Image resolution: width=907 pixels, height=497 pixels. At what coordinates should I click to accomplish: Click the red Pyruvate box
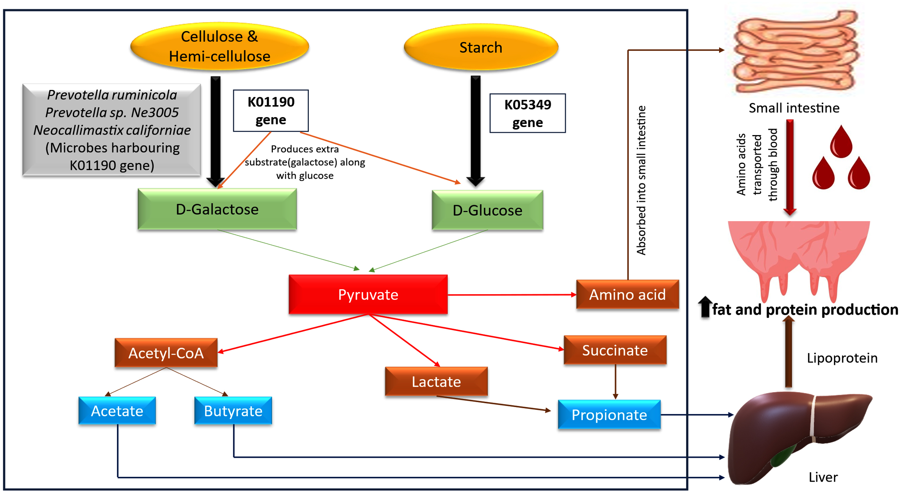(x=368, y=294)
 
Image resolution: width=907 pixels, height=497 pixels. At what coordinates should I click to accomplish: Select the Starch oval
(x=481, y=47)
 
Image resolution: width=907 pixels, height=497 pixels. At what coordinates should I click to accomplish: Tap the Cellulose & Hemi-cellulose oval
(x=220, y=46)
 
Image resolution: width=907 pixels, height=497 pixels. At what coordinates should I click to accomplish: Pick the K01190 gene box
(x=271, y=111)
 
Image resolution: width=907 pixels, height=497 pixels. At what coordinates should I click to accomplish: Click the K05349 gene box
(x=528, y=113)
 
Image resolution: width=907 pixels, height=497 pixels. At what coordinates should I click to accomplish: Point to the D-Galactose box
(x=217, y=209)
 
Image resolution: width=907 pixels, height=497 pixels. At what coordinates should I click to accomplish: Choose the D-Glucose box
(x=488, y=210)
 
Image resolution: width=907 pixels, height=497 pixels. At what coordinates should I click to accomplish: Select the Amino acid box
(x=628, y=294)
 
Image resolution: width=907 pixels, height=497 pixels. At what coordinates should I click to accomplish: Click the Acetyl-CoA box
(x=166, y=353)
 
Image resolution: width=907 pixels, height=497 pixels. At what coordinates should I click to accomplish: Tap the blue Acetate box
(x=117, y=411)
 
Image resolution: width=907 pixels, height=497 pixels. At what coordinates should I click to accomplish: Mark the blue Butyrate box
(x=233, y=411)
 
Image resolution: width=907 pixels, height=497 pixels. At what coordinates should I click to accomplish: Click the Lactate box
(x=436, y=381)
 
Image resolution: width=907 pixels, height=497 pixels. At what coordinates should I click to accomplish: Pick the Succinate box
(x=615, y=350)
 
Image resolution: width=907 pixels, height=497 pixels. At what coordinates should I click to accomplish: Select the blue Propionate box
(x=609, y=415)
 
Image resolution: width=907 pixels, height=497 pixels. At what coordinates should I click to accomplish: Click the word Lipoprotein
(x=842, y=358)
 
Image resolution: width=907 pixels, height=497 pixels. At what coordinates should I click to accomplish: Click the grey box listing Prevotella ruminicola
(x=112, y=130)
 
